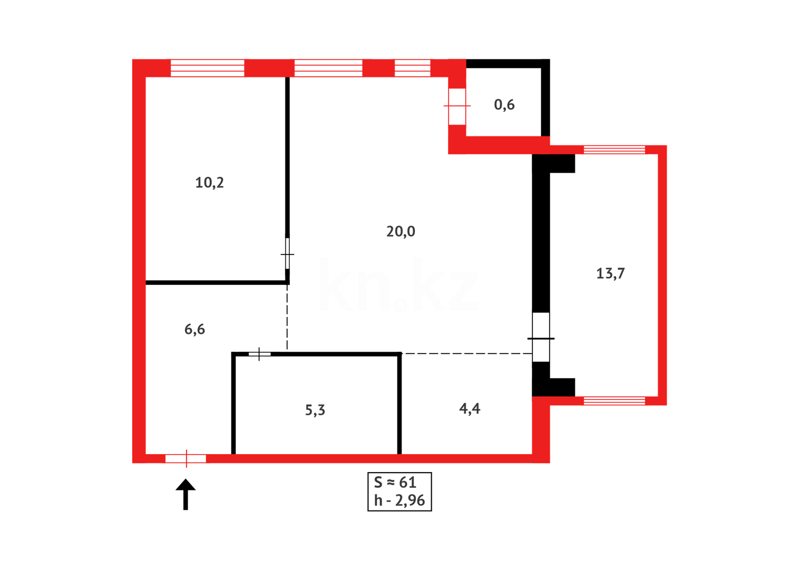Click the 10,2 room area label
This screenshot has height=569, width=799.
[209, 183]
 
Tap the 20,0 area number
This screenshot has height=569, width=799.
[401, 231]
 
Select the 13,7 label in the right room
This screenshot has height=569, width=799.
[610, 273]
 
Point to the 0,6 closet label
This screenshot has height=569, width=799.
[504, 105]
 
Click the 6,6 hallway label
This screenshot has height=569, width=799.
[194, 329]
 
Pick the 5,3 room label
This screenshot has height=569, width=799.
[315, 410]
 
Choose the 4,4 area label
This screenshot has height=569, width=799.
[470, 409]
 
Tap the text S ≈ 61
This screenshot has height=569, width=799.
[395, 482]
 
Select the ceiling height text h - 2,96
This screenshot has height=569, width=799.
[399, 500]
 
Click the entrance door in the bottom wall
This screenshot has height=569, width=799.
[186, 458]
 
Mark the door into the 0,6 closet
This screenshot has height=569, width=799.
[457, 106]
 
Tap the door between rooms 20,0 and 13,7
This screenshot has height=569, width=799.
[541, 338]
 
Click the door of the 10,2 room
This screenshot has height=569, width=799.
[287, 254]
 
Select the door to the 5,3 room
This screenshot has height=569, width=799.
[259, 354]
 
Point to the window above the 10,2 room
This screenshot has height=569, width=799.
[207, 68]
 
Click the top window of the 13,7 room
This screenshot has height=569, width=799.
[614, 150]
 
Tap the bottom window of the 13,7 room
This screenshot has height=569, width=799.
[614, 401]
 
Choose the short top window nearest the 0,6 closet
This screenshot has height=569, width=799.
[412, 68]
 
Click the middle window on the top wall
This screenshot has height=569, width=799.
[328, 68]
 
